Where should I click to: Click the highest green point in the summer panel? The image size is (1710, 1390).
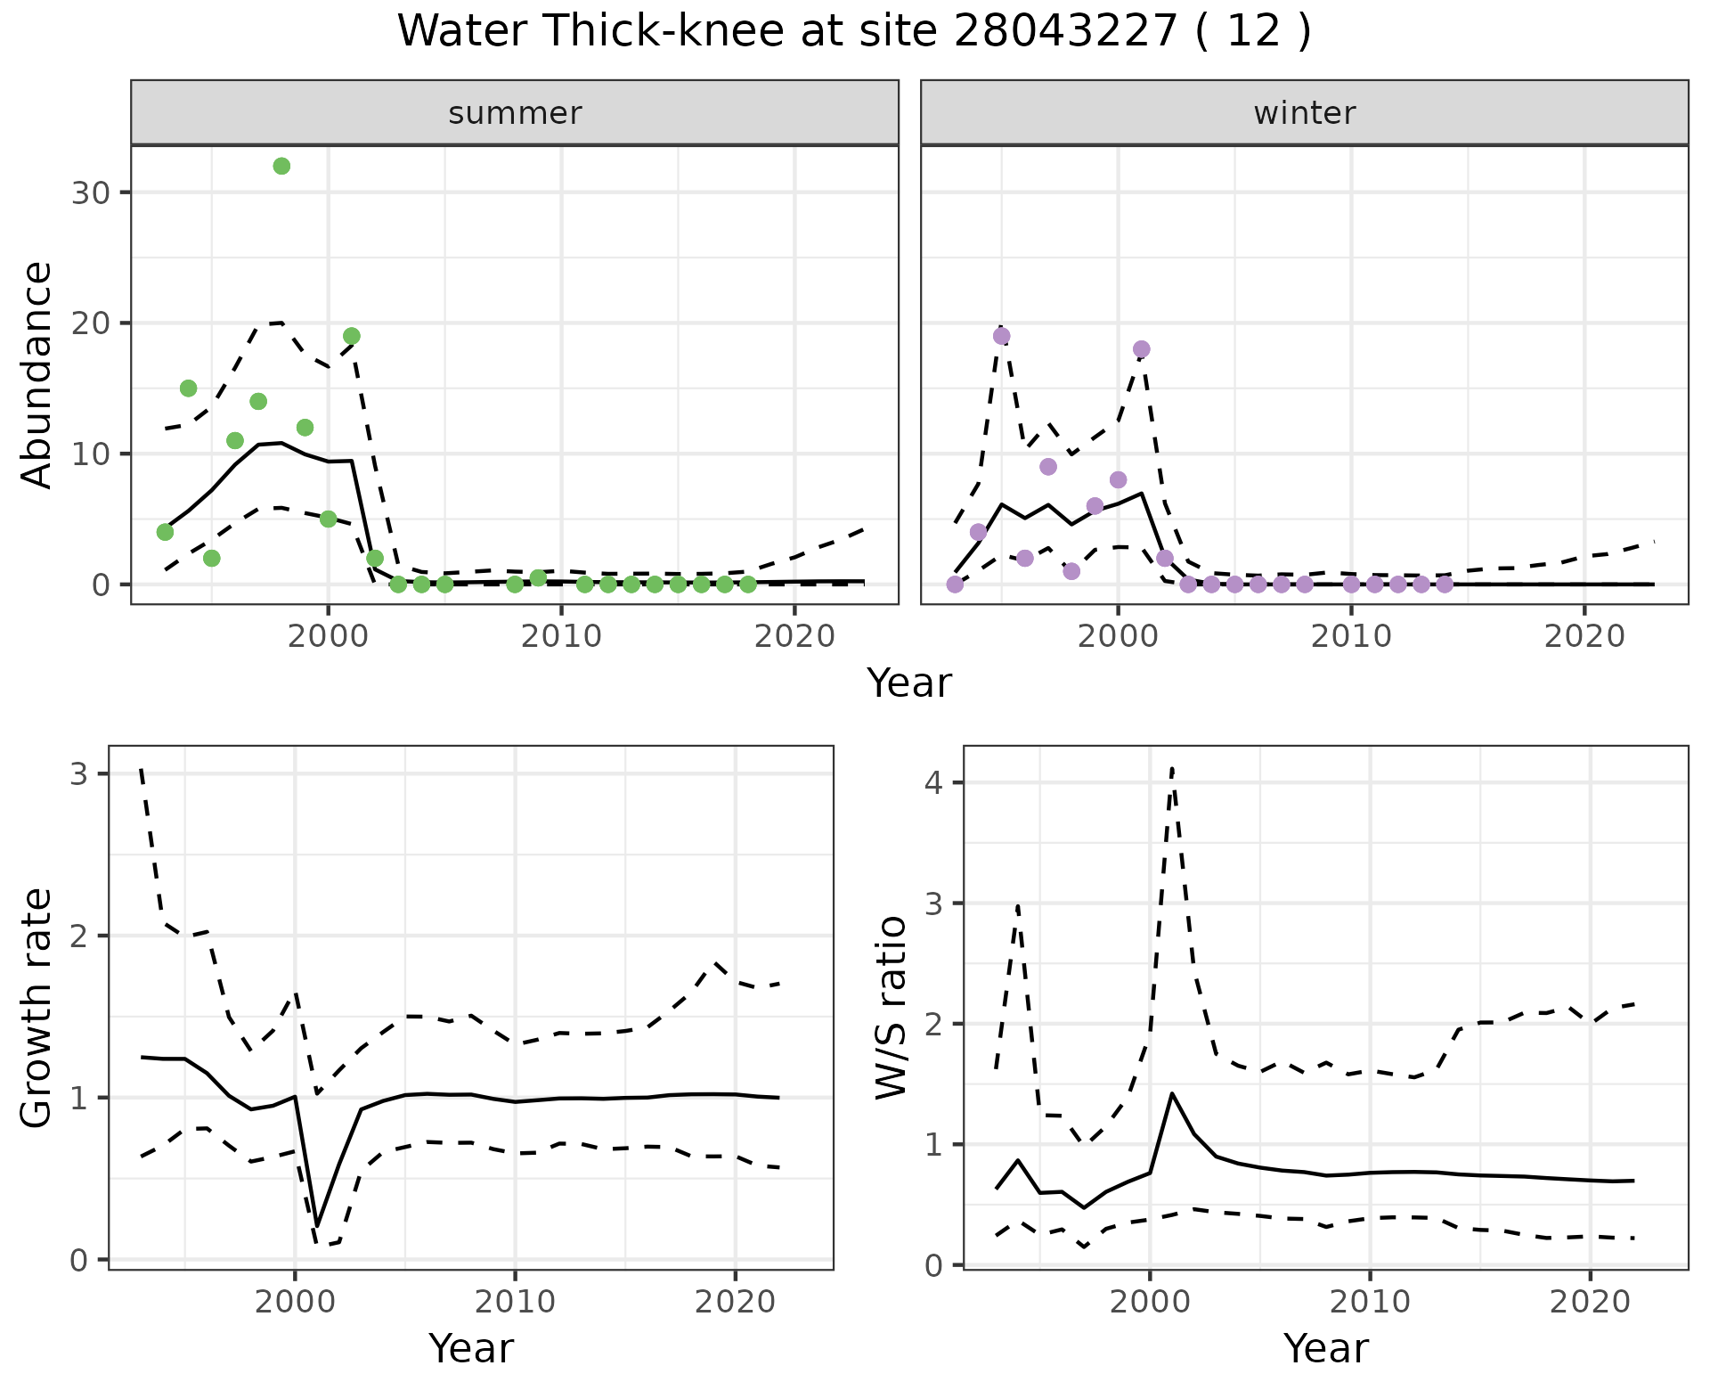tap(281, 167)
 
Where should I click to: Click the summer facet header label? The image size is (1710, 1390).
tap(515, 113)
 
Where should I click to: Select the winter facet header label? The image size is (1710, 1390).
tap(1304, 113)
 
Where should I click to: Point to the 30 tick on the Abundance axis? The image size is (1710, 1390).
tap(89, 192)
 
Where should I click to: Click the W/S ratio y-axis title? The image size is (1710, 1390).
tap(892, 1008)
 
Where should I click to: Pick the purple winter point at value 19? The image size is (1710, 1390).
tap(1001, 336)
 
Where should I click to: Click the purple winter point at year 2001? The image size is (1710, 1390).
tap(1142, 349)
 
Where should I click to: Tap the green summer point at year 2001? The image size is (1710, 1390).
tap(352, 336)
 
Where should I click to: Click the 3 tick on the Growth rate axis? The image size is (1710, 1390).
tap(79, 773)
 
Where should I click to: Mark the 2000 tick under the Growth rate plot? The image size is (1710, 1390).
tap(295, 1302)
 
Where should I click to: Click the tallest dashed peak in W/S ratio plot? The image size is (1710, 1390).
tap(1172, 768)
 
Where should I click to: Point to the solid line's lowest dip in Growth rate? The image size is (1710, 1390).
tap(317, 1227)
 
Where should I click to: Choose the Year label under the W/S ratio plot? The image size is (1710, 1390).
tap(1325, 1349)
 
